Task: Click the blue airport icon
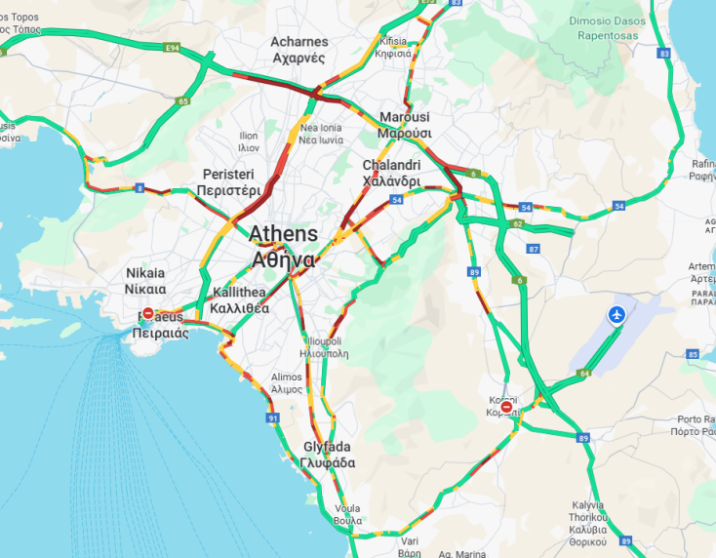click(x=617, y=315)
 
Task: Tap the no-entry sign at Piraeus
click(x=147, y=314)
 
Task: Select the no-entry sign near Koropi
click(x=505, y=406)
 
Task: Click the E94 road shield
click(x=173, y=47)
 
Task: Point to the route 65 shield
click(x=182, y=100)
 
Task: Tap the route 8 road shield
click(x=140, y=187)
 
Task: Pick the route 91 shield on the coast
click(x=272, y=418)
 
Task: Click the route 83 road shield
click(x=664, y=54)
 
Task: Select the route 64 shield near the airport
click(x=584, y=373)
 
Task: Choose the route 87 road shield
click(x=533, y=249)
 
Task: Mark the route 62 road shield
click(x=517, y=223)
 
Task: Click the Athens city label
click(x=283, y=247)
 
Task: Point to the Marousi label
click(x=405, y=125)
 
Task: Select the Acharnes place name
click(x=298, y=50)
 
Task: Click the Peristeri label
click(x=228, y=181)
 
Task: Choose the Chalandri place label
click(x=391, y=173)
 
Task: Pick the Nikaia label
click(x=145, y=281)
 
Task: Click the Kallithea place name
click(x=238, y=300)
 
